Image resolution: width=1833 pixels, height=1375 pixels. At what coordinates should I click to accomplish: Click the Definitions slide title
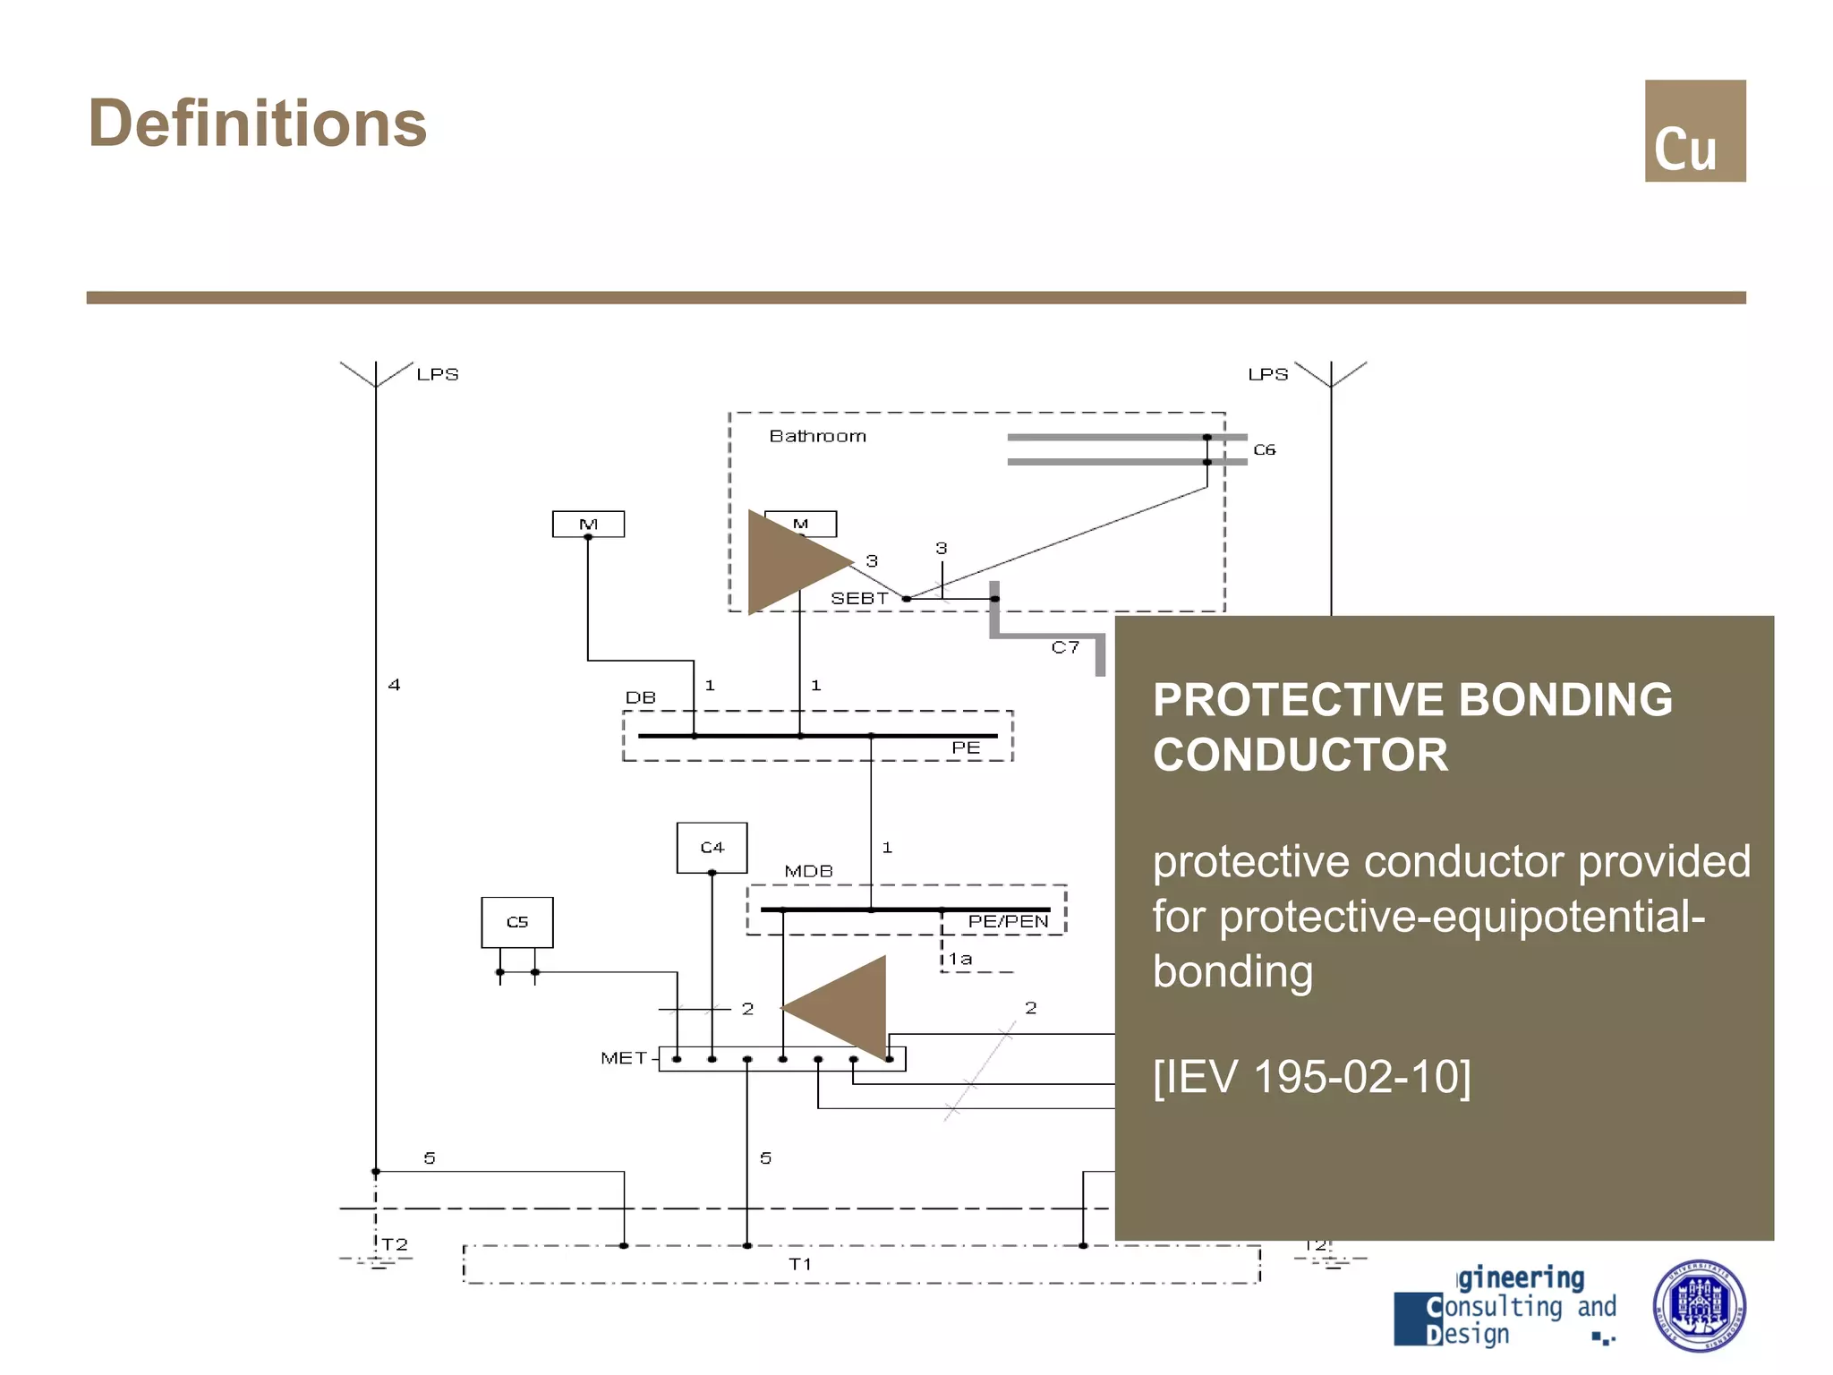click(x=258, y=124)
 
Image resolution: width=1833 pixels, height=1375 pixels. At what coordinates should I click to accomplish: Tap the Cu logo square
click(x=1694, y=131)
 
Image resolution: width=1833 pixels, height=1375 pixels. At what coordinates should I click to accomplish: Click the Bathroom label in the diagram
click(x=817, y=436)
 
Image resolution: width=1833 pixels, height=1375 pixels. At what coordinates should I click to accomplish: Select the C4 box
click(x=712, y=847)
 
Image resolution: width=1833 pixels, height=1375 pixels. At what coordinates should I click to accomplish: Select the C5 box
click(x=516, y=922)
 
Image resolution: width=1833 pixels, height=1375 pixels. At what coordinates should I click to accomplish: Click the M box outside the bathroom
click(x=588, y=524)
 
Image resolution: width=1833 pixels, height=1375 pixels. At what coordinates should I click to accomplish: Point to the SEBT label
click(x=858, y=598)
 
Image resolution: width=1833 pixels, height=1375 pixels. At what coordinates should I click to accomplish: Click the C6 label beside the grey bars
click(x=1263, y=449)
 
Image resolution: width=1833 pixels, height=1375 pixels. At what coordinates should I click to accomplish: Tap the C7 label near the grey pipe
click(x=1064, y=647)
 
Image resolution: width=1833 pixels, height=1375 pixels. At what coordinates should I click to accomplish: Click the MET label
click(x=623, y=1058)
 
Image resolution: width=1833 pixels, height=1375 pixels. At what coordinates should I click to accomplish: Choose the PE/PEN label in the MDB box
click(x=1007, y=921)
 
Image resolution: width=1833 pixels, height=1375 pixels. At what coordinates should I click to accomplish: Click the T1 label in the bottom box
click(x=799, y=1264)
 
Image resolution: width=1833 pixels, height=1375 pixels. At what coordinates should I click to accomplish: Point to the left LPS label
click(x=437, y=374)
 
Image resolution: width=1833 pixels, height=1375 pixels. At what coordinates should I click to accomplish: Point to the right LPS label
click(x=1267, y=374)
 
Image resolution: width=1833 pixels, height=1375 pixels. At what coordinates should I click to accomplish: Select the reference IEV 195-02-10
click(x=1311, y=1076)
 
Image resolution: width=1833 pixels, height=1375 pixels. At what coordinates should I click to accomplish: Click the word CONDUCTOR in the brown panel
click(x=1300, y=755)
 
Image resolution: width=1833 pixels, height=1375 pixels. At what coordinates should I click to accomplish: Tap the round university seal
click(x=1698, y=1305)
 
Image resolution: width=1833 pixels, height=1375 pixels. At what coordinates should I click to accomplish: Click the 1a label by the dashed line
click(x=960, y=959)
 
